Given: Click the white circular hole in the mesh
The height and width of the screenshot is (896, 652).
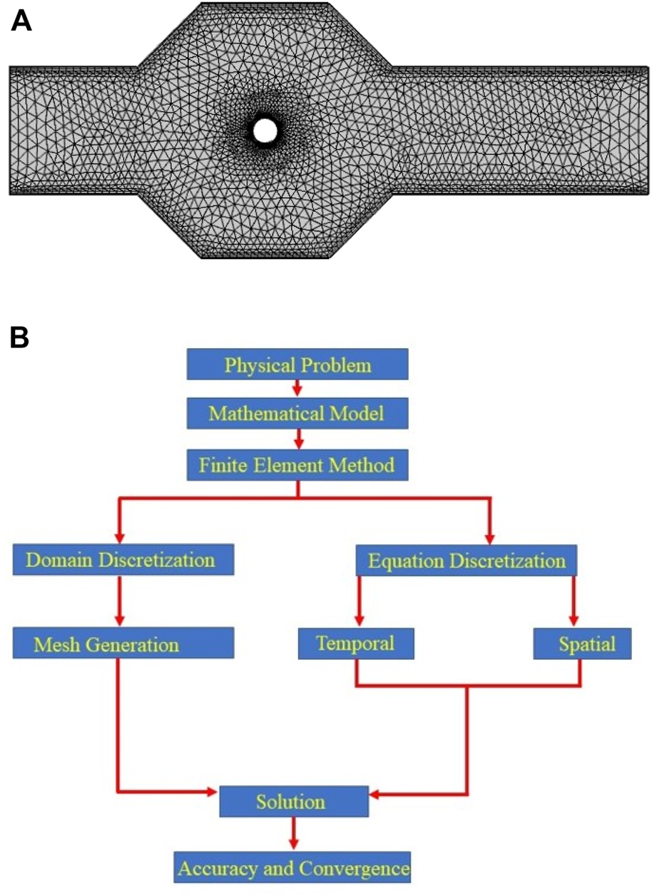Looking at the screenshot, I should (265, 131).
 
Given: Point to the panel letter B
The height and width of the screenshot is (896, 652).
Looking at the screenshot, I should (19, 337).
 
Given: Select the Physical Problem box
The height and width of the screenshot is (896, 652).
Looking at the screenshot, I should (297, 365).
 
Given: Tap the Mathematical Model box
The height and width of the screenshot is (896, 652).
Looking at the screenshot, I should (297, 412).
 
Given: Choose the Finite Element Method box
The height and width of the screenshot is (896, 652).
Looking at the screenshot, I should (297, 465).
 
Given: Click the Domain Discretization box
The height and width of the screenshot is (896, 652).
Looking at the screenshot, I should (124, 559).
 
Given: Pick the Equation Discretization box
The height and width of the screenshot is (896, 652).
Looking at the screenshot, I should (467, 561).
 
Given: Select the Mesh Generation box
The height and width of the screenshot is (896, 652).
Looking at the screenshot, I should (124, 644).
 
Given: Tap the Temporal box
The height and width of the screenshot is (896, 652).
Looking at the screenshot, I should (356, 643).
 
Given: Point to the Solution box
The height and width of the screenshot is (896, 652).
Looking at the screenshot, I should (293, 801).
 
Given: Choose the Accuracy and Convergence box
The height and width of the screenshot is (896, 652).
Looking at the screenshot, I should (293, 868).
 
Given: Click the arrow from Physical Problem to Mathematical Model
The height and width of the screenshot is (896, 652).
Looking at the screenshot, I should (298, 388).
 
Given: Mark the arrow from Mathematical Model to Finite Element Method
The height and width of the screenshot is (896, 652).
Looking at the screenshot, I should (298, 437).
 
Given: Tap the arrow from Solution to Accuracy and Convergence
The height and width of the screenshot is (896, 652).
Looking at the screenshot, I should (293, 834).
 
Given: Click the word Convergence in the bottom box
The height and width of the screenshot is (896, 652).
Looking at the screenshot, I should (355, 869).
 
